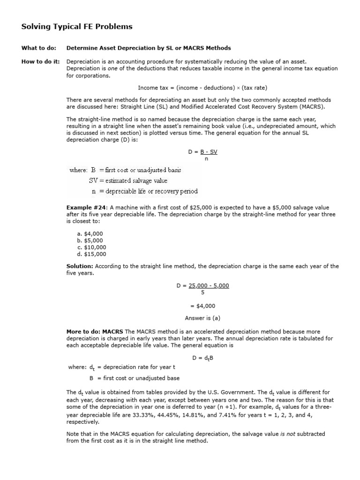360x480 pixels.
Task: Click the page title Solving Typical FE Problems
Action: pos(77,27)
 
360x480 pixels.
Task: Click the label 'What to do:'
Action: pos(39,48)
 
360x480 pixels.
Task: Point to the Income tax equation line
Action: pos(202,88)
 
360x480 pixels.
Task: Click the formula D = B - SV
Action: pos(202,152)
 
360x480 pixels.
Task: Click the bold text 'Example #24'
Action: pos(87,208)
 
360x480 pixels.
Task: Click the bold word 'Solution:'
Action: pos(80,266)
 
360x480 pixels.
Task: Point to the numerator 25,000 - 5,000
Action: pos(209,285)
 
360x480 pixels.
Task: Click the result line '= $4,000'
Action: pos(202,306)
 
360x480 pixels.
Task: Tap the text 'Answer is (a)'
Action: pos(202,318)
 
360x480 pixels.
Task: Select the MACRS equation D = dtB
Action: pos(202,358)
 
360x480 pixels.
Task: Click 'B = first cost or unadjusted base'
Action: pos(134,378)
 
